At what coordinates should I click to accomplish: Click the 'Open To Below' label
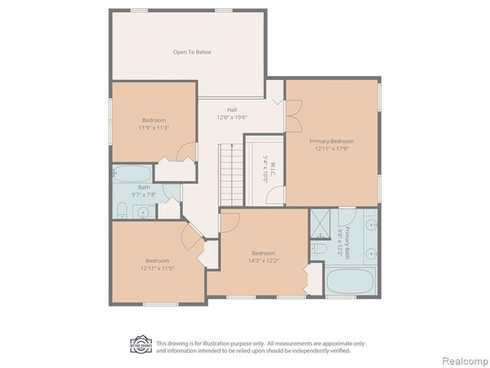point(191,52)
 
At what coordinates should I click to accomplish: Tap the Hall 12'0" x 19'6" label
point(232,113)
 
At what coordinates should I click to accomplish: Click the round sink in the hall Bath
point(123,208)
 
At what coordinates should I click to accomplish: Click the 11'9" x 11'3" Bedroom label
point(155,123)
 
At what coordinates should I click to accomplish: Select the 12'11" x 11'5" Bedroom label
point(157,264)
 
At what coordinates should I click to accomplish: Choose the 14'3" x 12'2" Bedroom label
point(263,257)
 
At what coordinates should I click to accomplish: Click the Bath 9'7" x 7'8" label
point(144,191)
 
